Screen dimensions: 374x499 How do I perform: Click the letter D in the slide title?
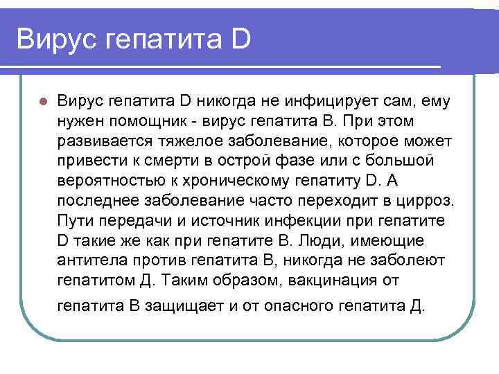236,38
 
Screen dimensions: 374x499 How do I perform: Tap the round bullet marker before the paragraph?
42,101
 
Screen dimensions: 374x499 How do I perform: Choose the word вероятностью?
105,181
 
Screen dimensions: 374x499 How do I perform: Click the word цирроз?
428,202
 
